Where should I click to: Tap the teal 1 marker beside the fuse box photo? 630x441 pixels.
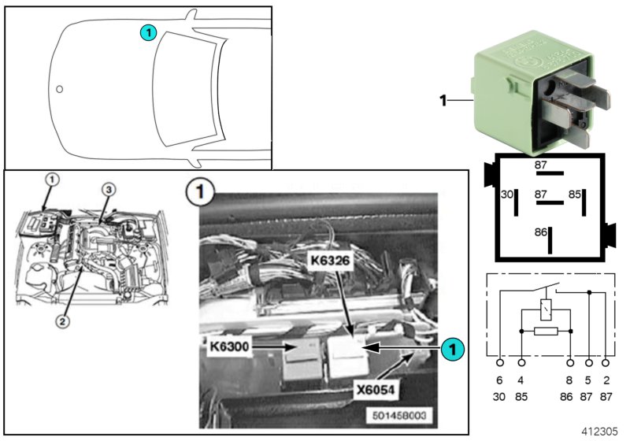[x=451, y=346]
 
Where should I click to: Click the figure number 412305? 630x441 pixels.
[x=602, y=432]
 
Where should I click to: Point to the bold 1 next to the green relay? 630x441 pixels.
[x=443, y=100]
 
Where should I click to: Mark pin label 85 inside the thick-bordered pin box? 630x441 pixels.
[x=575, y=194]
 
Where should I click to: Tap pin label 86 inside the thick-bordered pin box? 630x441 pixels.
[x=540, y=233]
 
